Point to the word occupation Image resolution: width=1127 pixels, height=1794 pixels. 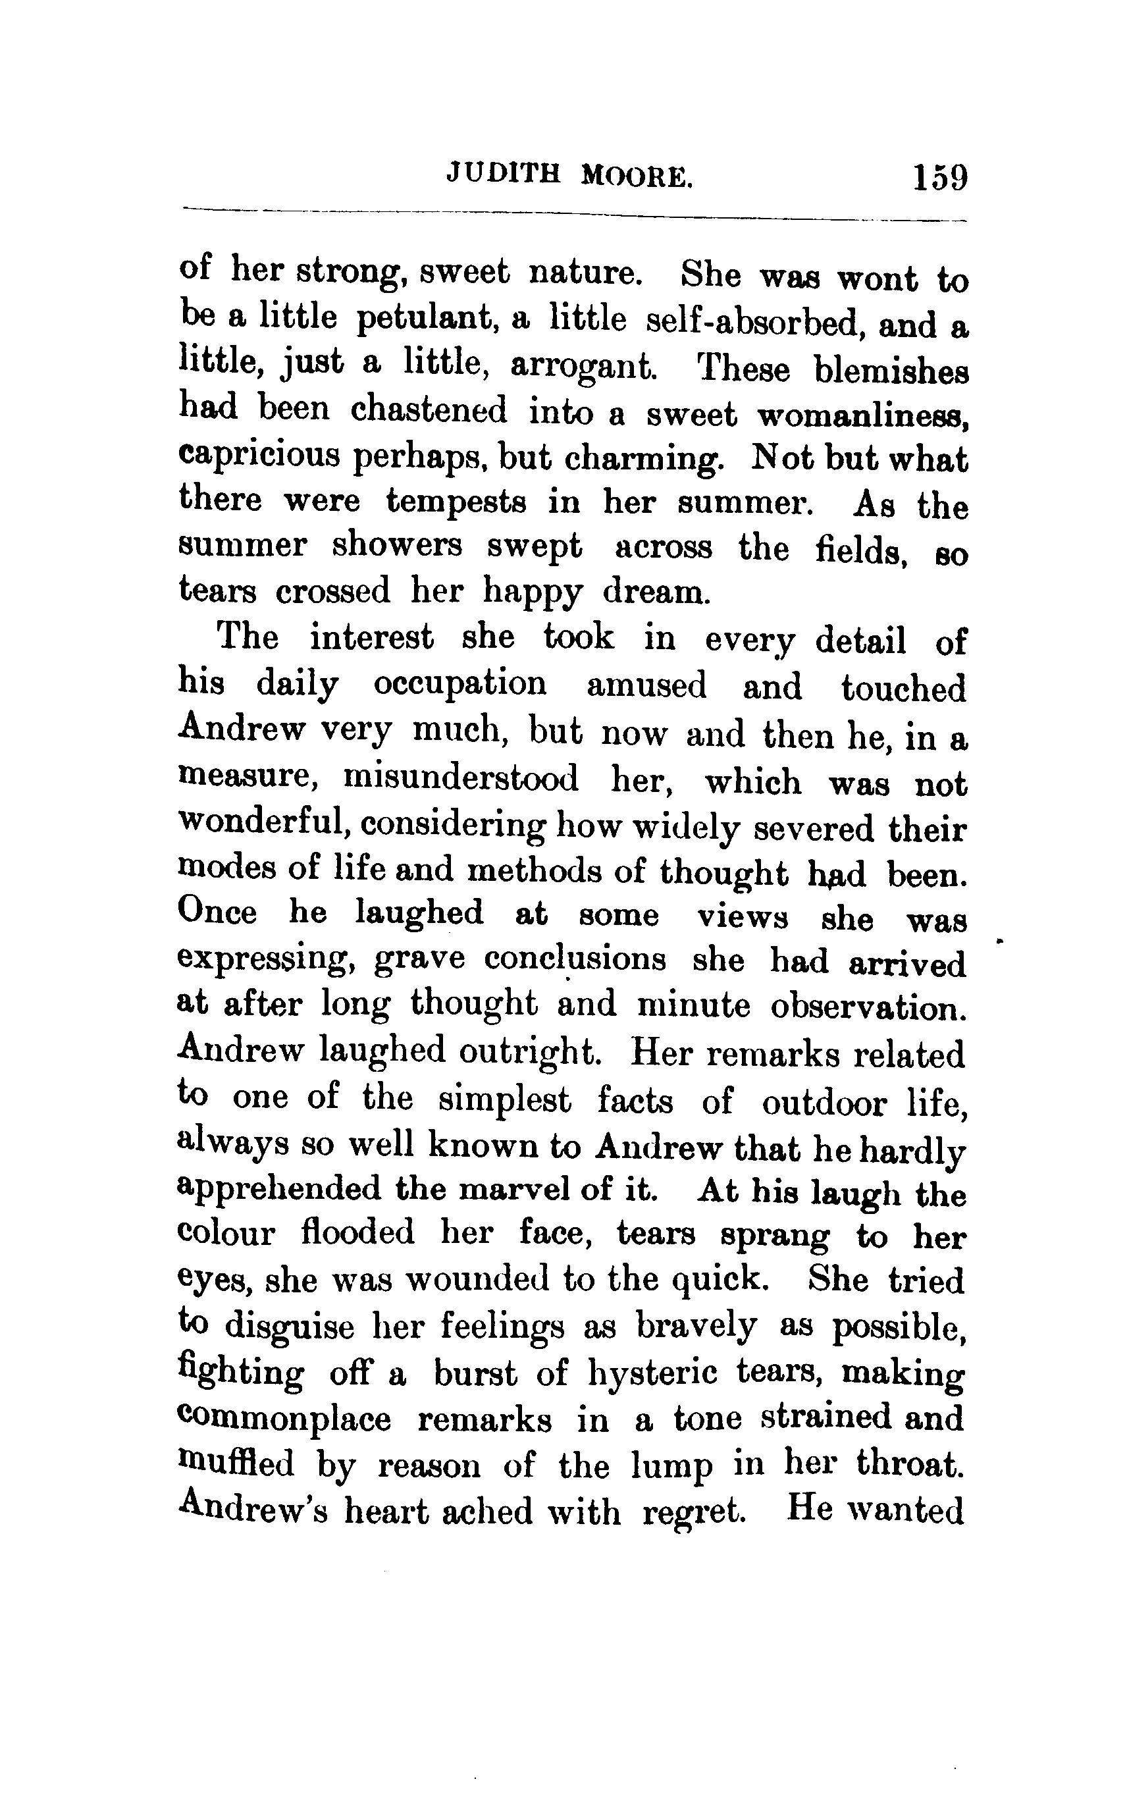tap(459, 685)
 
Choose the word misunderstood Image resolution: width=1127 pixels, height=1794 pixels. tap(460, 779)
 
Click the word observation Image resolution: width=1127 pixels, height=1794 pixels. tap(868, 1007)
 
